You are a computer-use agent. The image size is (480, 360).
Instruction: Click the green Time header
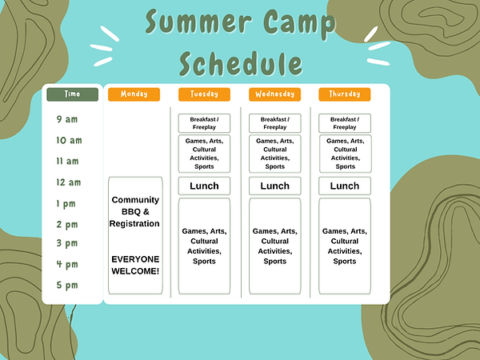[72, 94]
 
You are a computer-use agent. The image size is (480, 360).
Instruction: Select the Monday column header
[134, 94]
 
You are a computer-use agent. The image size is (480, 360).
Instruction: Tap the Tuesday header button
[204, 94]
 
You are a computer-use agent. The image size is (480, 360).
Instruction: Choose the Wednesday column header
[274, 94]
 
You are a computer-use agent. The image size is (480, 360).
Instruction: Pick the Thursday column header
[344, 94]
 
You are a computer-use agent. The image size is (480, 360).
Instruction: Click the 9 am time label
[67, 119]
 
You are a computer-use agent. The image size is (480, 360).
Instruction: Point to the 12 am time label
[69, 182]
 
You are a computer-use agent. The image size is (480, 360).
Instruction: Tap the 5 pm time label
[67, 286]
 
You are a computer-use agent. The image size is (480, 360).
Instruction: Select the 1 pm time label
[66, 204]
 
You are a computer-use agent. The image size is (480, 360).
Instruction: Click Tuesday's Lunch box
[204, 186]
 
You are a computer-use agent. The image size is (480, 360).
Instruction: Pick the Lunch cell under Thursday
[345, 186]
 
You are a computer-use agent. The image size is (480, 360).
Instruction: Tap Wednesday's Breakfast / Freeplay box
[275, 123]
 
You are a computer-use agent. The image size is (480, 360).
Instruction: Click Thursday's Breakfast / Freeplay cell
[345, 123]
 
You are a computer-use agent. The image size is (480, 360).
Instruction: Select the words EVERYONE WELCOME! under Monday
[135, 265]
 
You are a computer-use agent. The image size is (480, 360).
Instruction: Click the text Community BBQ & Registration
[134, 211]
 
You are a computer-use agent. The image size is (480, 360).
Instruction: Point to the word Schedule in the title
[241, 64]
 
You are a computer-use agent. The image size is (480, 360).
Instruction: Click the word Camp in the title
[298, 23]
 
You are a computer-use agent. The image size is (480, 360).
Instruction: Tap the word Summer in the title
[198, 22]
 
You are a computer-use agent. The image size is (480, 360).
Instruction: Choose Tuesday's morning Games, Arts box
[204, 154]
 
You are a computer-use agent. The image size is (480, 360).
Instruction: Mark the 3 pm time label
[67, 243]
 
